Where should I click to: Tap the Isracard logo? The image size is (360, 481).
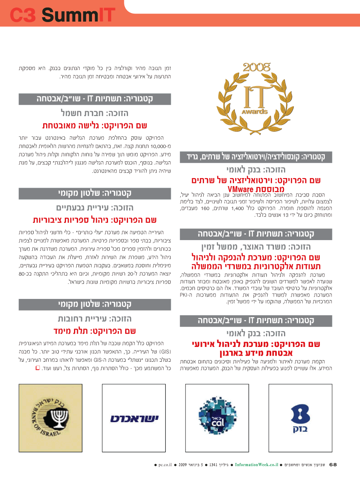tap(134, 419)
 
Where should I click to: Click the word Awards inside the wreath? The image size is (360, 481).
tap(255, 112)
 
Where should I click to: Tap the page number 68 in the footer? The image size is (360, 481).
tap(333, 465)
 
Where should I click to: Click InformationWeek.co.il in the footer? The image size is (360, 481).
tap(256, 465)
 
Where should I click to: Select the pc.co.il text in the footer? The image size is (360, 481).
tap(165, 465)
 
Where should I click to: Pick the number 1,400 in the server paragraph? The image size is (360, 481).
tap(238, 208)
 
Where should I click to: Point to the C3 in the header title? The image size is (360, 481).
tap(23, 15)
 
